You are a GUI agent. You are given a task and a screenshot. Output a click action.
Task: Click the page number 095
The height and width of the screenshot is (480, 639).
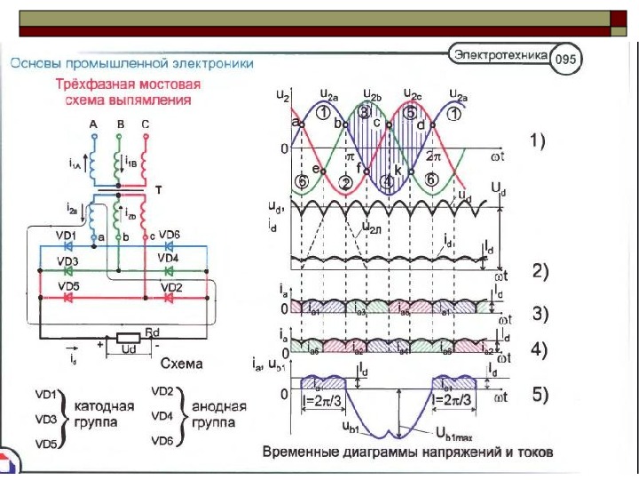pos(565,60)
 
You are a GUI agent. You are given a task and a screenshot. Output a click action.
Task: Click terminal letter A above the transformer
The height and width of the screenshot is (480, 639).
pos(92,124)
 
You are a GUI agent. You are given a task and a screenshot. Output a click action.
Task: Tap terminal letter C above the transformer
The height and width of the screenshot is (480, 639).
pos(146,124)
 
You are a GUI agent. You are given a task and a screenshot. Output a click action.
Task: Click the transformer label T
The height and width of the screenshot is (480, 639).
pos(158,190)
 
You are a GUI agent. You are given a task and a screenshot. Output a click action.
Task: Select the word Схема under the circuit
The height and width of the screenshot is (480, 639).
pos(181,364)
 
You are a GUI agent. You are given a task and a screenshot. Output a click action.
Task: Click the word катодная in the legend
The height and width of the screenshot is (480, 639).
pos(104,404)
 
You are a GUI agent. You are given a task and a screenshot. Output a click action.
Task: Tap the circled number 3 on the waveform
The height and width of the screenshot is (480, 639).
pos(364,112)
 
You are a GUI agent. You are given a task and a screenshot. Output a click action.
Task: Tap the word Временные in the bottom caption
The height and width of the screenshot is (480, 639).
pos(301,452)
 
